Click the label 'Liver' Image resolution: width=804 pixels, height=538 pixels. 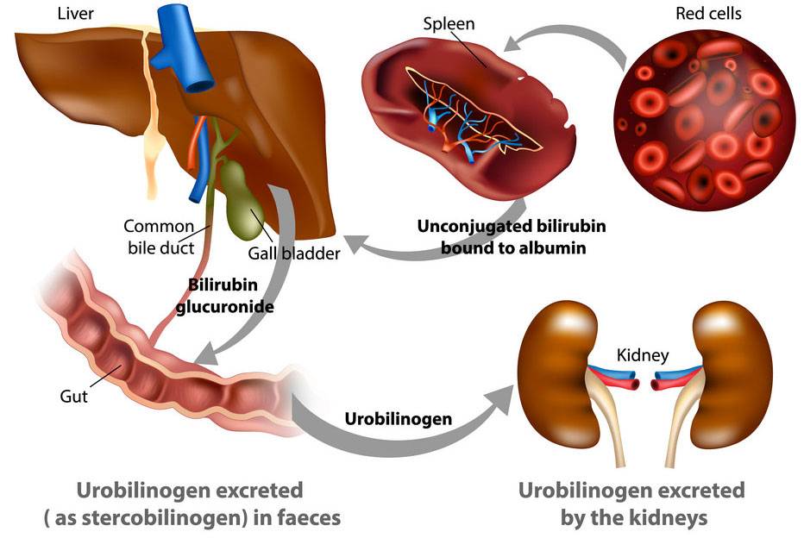click(75, 13)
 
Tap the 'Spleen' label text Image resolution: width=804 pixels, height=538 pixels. click(449, 23)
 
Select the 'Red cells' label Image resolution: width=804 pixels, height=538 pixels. click(708, 13)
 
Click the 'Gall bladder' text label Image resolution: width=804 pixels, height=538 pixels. click(294, 253)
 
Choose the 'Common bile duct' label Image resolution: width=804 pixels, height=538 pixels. click(160, 237)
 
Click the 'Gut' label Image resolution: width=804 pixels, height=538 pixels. click(74, 396)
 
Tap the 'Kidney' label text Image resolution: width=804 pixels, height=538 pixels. click(643, 355)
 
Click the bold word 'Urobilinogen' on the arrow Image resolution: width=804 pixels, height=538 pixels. click(398, 419)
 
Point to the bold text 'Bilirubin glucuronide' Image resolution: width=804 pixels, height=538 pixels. click(224, 296)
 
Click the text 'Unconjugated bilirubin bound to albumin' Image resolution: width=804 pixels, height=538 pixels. click(512, 237)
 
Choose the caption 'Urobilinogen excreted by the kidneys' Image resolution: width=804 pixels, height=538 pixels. click(631, 504)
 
